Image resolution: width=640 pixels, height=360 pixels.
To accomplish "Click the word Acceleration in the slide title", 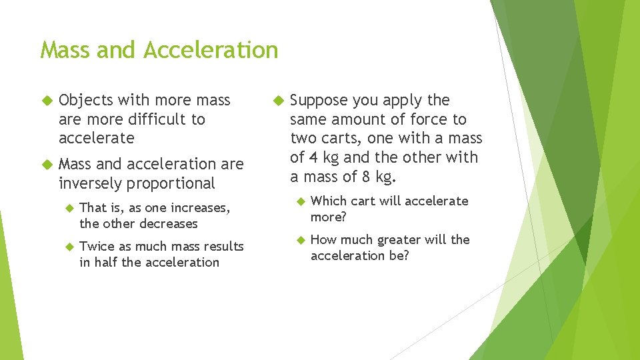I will pyautogui.click(x=210, y=50).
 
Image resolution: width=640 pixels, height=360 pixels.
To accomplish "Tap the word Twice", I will pyautogui.click(x=95, y=246).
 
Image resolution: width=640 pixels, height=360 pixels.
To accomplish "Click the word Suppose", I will pyautogui.click(x=319, y=101).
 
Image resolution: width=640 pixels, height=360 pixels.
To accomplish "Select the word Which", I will pyautogui.click(x=328, y=201).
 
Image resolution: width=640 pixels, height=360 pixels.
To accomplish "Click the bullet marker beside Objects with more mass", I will pyautogui.click(x=47, y=101).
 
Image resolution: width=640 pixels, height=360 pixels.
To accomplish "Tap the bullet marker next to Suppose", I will pyautogui.click(x=278, y=101).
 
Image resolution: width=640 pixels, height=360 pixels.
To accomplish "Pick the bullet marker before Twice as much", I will pyautogui.click(x=67, y=246).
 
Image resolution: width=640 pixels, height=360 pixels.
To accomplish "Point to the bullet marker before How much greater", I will pyautogui.click(x=299, y=239).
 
